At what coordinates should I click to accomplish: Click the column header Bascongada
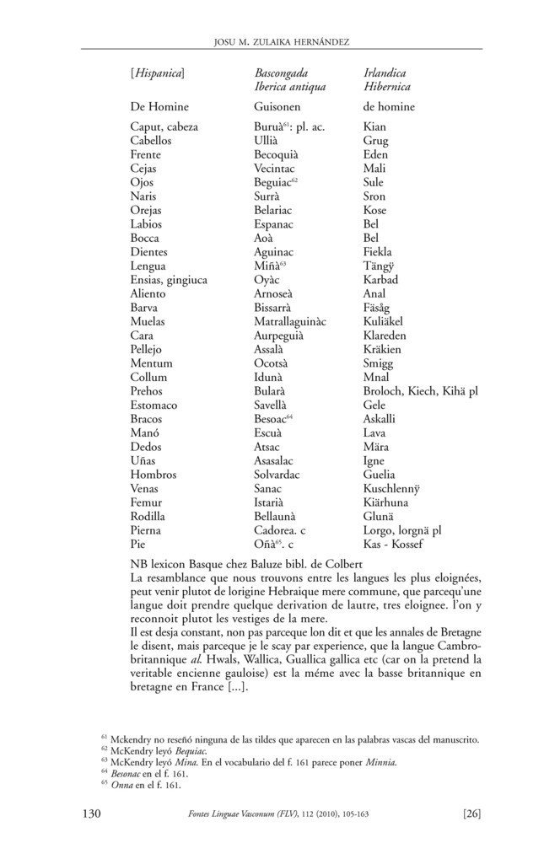click(283, 73)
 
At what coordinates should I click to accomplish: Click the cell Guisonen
click(280, 107)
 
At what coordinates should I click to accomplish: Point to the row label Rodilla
click(150, 516)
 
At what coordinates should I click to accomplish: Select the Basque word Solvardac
click(280, 475)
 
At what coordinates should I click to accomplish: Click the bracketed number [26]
click(471, 813)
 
